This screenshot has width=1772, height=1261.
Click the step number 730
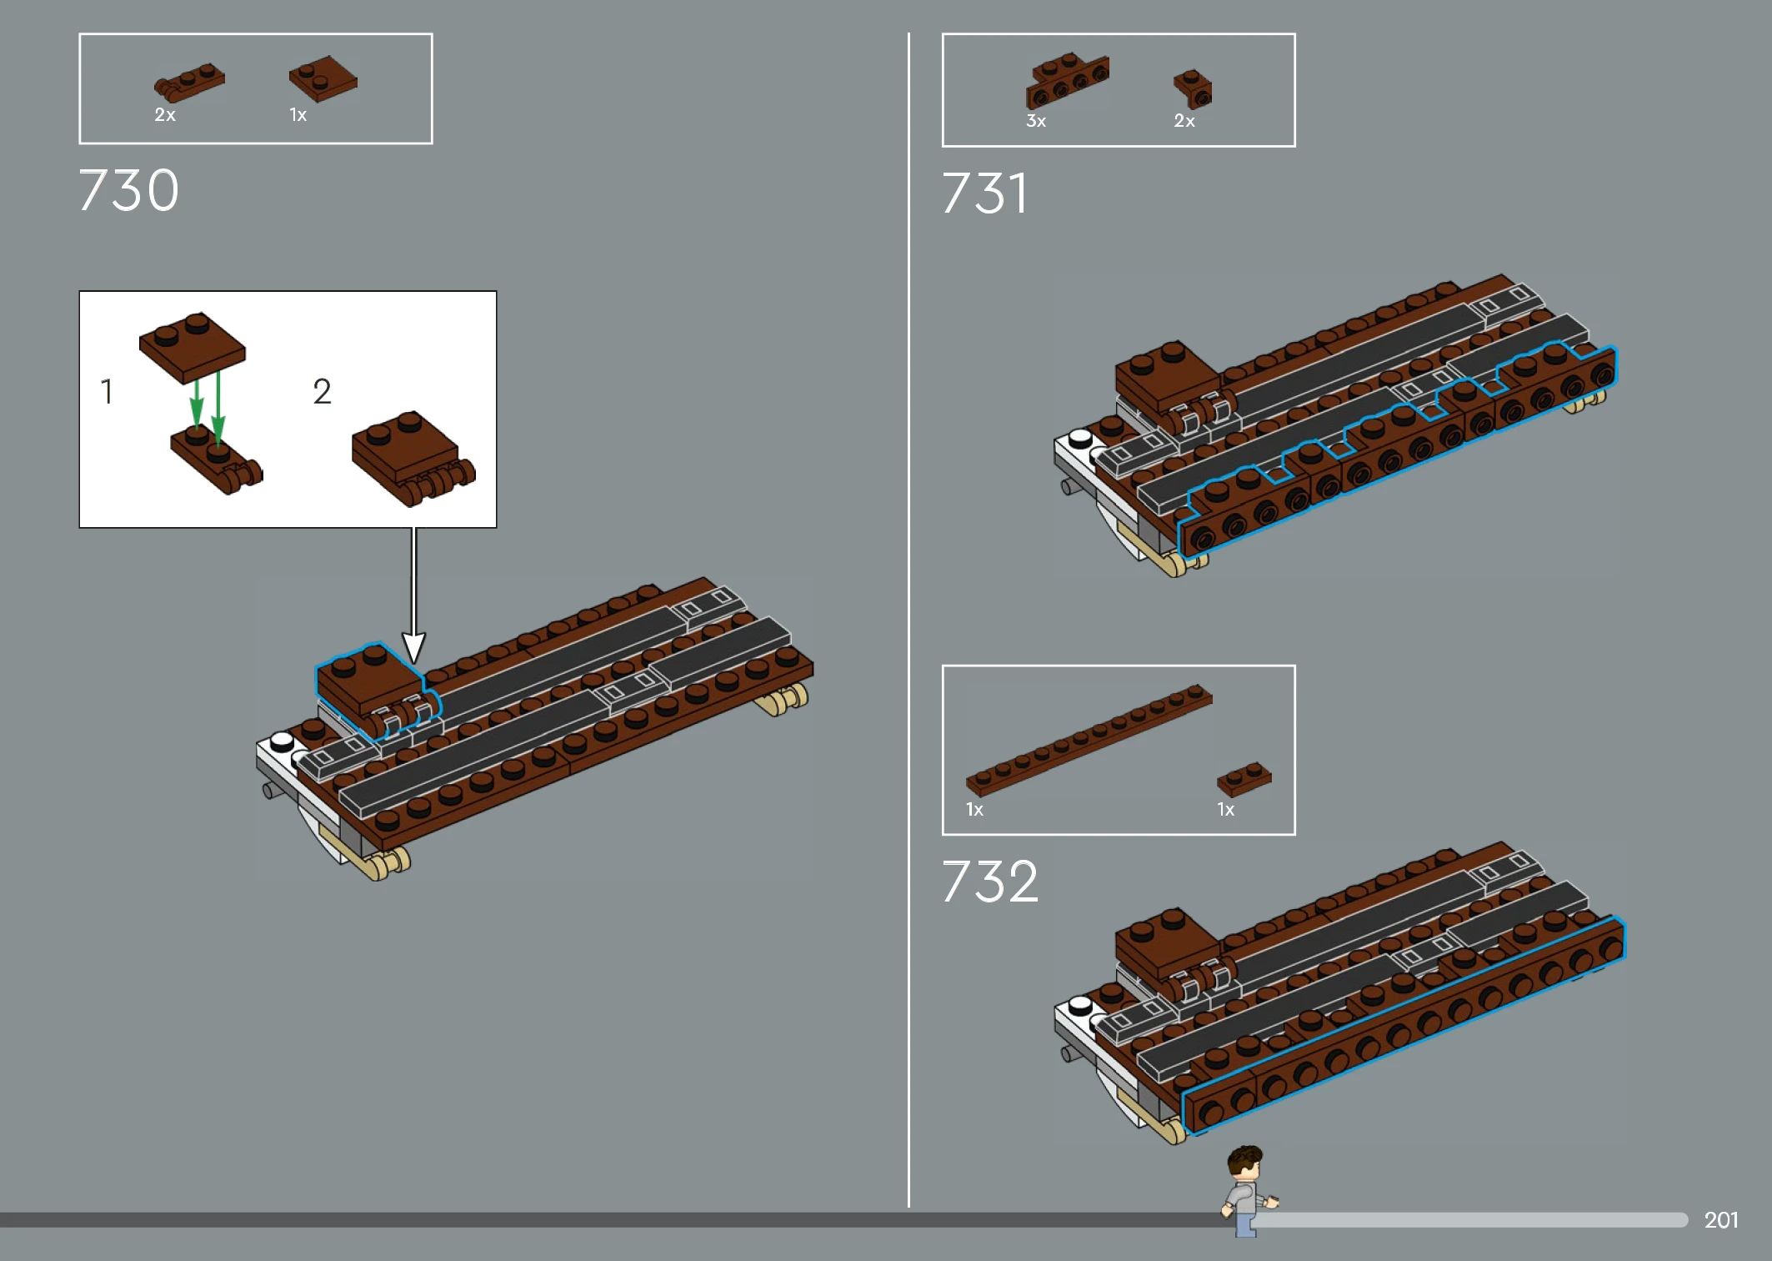tap(128, 190)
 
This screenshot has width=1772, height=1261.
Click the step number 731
tap(984, 193)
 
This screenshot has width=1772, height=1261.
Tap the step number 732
tap(990, 882)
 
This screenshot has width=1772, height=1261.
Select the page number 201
tap(1721, 1220)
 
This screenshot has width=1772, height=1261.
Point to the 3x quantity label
tap(1036, 121)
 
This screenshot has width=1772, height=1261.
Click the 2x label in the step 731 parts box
tap(1184, 121)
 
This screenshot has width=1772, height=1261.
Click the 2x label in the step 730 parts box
tap(165, 115)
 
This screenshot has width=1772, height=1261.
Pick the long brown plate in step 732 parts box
tap(1089, 740)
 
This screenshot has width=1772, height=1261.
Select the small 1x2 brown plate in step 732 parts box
tap(1244, 779)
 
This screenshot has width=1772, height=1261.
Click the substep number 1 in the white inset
tap(107, 391)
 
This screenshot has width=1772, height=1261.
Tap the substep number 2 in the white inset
tap(322, 391)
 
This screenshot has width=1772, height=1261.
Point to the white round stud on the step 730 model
tap(282, 740)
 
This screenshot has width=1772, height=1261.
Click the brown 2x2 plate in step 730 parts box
tap(323, 78)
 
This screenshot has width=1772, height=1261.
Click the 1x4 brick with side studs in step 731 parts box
tap(1068, 80)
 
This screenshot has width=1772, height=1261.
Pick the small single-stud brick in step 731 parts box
tap(1193, 88)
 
